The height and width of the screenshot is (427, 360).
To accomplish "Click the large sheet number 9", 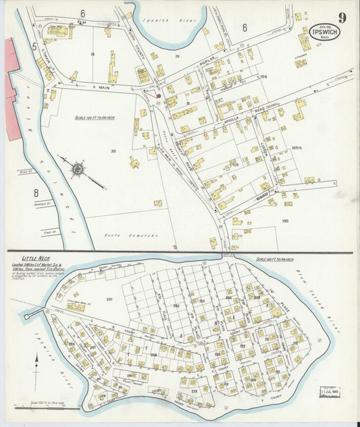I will [x=342, y=18].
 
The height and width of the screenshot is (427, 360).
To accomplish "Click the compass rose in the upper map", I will [x=78, y=167].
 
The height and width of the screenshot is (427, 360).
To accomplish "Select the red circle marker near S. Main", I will [x=159, y=96].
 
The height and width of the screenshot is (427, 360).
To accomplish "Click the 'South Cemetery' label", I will [x=139, y=236].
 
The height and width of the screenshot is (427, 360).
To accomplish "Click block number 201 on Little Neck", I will [x=109, y=297].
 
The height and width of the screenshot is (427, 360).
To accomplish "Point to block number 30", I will [x=113, y=151].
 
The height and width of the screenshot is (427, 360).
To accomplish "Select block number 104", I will [x=263, y=77].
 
